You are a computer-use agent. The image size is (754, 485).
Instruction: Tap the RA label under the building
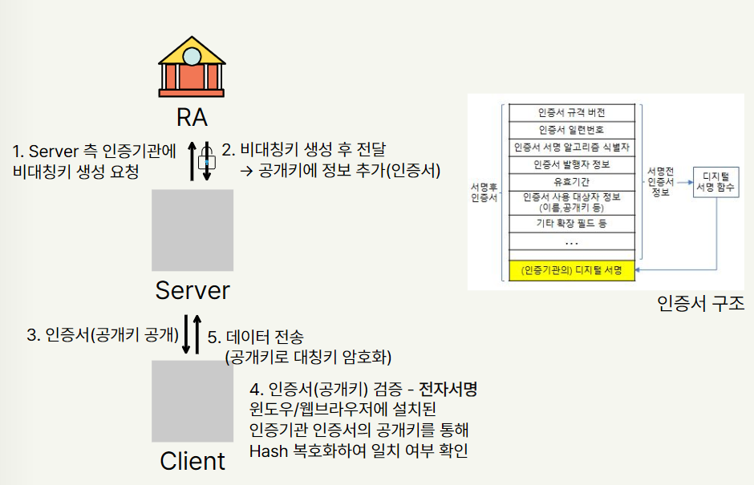coord(193,118)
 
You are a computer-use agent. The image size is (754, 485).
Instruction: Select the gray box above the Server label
coord(193,230)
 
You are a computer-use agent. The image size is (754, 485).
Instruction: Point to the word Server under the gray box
coord(193,290)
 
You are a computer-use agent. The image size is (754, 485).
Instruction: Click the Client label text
coord(193,462)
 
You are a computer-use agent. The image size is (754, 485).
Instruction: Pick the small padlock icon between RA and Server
coord(205,160)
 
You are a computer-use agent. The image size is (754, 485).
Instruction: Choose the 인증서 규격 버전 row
coord(571,112)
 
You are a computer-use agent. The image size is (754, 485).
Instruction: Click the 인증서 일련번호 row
coord(571,129)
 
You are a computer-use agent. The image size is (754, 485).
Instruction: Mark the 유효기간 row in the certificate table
coord(571,181)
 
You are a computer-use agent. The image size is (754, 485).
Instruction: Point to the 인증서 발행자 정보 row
coord(571,164)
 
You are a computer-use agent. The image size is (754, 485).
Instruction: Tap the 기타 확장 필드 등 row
coord(571,222)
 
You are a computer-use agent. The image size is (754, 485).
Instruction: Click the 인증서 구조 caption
coord(700,304)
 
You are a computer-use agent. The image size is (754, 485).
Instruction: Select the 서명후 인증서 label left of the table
coord(484,192)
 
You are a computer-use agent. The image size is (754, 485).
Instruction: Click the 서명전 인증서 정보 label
coord(661,182)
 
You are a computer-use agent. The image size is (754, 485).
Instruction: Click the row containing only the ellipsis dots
coord(571,241)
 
